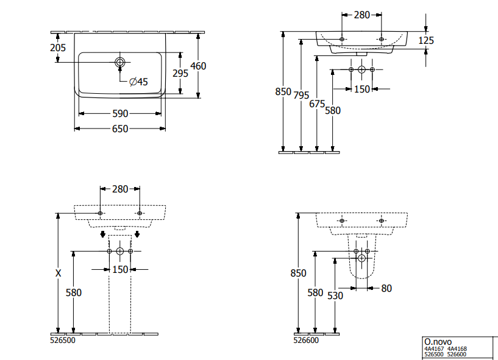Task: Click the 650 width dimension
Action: point(119,129)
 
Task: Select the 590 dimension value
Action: point(119,113)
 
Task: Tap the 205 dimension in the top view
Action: point(58,48)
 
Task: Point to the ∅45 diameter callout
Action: point(138,81)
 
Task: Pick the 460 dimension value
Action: point(199,66)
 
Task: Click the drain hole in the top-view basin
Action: point(120,62)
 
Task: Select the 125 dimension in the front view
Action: point(426,40)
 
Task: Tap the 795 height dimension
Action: point(302,96)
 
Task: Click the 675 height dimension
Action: point(317,104)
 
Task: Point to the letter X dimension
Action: point(59,274)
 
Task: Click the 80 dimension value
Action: point(386,288)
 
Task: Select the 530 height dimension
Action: point(335,295)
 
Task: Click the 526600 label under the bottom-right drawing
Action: point(307,341)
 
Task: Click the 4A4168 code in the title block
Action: point(458,349)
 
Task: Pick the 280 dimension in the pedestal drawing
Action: point(120,189)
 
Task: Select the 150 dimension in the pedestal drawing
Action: point(120,269)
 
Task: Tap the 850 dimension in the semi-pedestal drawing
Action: point(298,274)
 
